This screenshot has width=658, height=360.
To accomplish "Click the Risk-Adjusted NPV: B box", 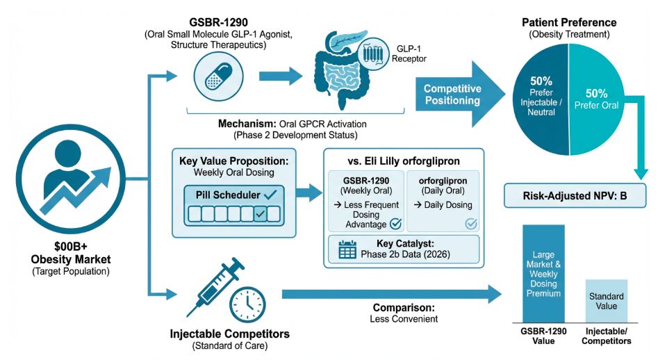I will [574, 196].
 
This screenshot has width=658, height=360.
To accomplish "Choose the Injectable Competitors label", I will [229, 334].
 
